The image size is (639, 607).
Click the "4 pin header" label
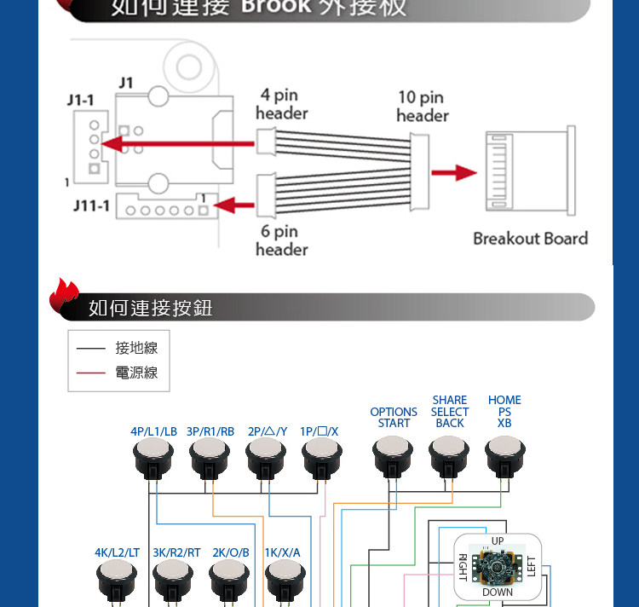point(281,104)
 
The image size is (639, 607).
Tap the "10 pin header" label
point(421,106)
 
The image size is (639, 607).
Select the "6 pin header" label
point(281,240)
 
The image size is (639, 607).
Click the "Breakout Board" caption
point(530,239)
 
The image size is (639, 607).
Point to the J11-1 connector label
point(90,206)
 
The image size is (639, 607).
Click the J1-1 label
point(81,101)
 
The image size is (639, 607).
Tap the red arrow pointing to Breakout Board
point(453,173)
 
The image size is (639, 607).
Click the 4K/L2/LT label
point(117,552)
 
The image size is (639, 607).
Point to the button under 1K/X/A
point(285,581)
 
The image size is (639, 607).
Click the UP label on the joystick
point(498,541)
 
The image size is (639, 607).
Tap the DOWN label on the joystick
point(498,592)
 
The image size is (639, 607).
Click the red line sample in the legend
point(90,373)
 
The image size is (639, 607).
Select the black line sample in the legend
point(90,348)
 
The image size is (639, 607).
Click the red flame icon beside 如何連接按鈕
point(64,294)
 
